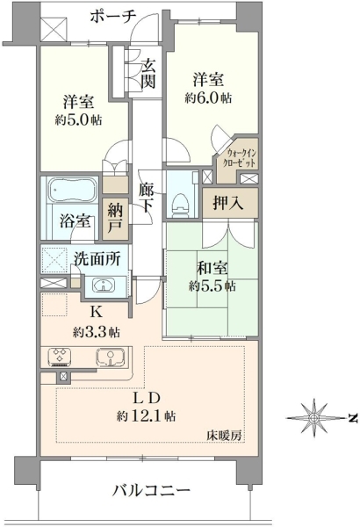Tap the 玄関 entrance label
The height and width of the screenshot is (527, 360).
pos(148,74)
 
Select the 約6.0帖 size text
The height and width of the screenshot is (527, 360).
pos(208,97)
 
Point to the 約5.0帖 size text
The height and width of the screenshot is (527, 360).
pos(78,119)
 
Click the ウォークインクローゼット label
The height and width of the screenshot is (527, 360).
pos(241,158)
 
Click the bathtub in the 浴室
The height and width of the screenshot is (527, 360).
pos(73,191)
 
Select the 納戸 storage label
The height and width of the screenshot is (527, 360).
pos(115,220)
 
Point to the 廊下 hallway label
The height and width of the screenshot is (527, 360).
pos(147,198)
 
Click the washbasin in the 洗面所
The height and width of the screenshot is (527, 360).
pos(104,286)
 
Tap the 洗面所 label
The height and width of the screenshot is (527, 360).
pos(97,259)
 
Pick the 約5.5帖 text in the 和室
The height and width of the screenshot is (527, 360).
pos(212,286)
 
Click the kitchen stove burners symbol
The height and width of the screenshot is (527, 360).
pos(60,357)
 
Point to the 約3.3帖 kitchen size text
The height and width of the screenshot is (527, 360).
pos(96,332)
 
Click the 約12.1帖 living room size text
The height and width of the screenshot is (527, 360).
pos(146,416)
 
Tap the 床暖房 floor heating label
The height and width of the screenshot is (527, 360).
pos(224,436)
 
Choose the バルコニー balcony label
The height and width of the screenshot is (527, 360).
pos(151,491)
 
